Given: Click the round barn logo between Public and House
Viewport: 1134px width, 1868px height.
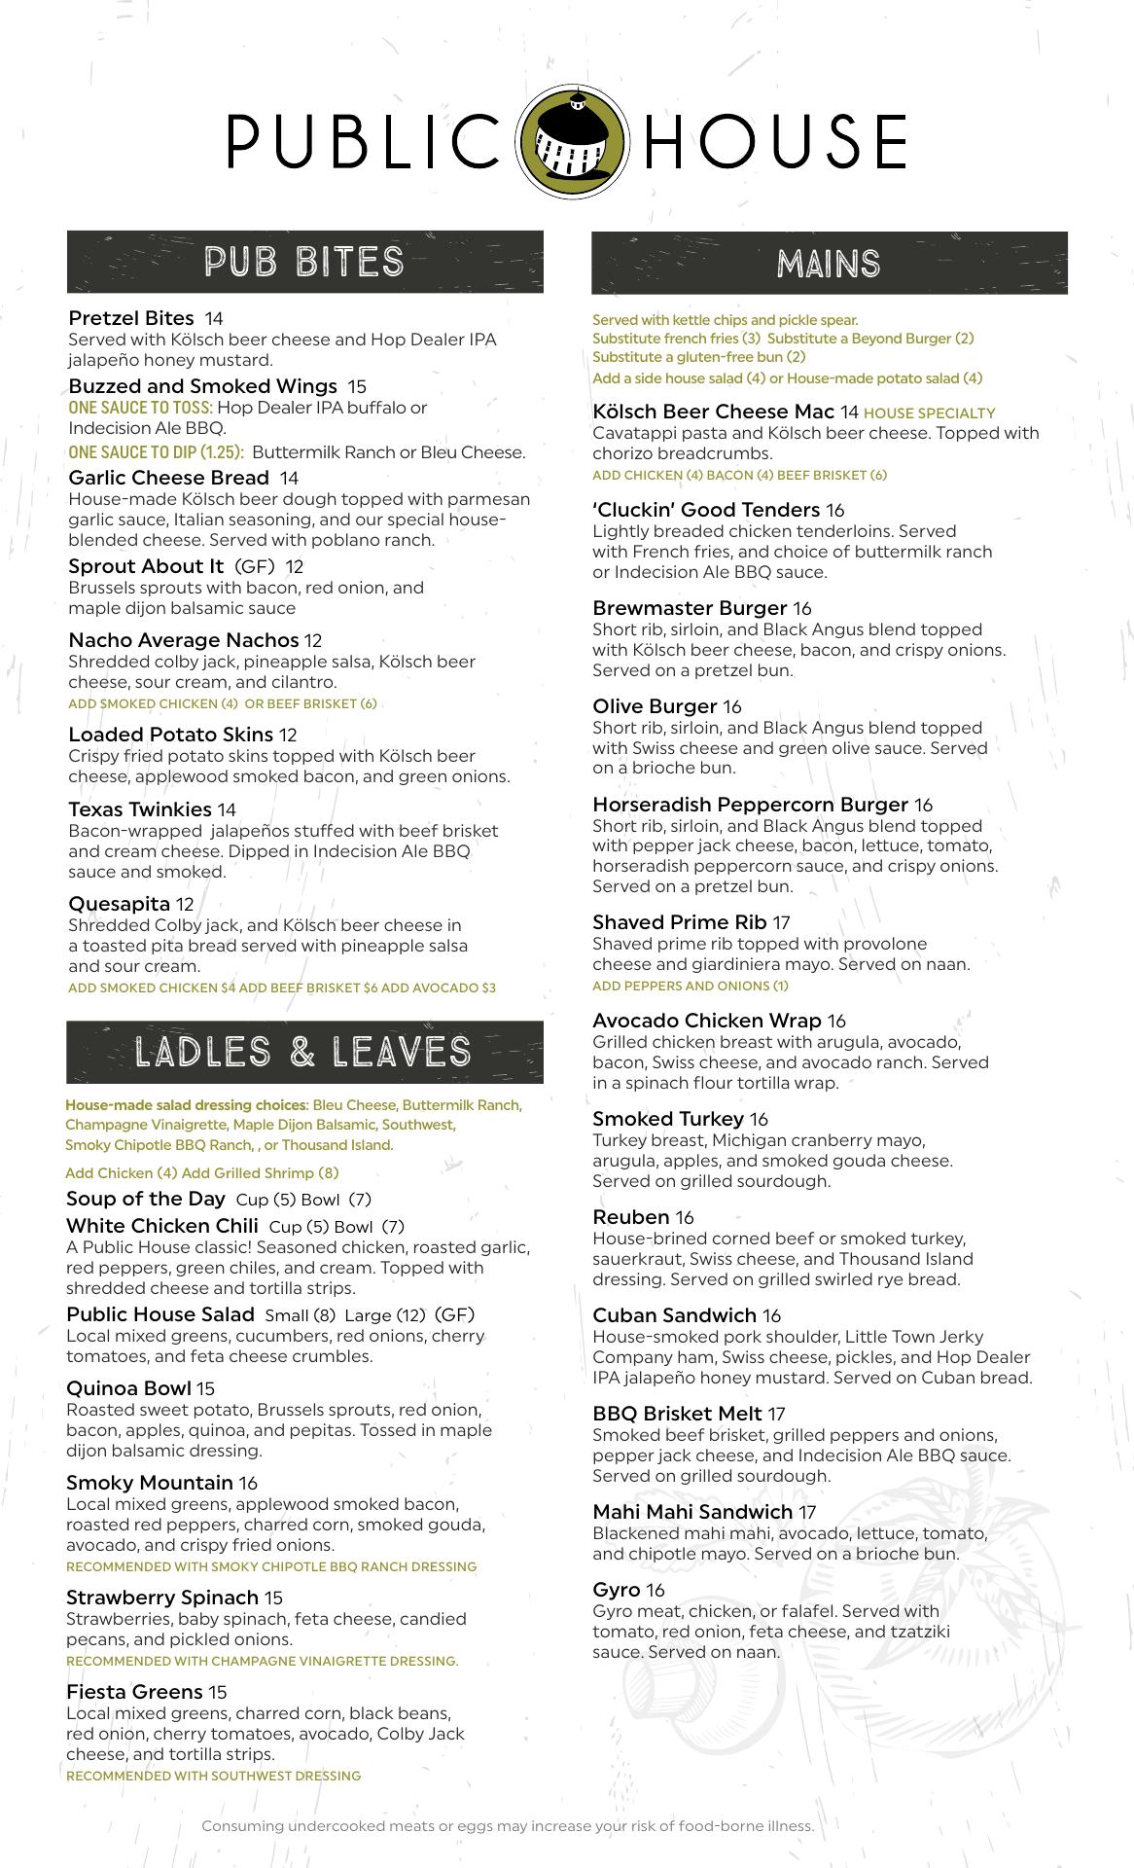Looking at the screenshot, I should click(566, 141).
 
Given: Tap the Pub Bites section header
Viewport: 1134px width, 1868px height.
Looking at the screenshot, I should click(304, 262).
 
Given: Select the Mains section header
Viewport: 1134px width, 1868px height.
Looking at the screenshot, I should click(829, 264).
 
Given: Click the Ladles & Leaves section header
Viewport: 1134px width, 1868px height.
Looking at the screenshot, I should click(303, 1052).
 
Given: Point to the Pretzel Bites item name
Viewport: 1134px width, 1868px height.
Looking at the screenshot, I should click(131, 318).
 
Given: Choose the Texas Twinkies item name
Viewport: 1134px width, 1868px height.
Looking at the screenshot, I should click(140, 809).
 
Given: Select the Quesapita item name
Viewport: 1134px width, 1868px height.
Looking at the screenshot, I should click(119, 904).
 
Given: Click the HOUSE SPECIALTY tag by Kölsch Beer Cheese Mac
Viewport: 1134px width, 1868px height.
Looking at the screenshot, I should click(929, 413).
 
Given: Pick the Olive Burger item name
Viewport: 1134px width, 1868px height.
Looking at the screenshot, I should click(655, 706).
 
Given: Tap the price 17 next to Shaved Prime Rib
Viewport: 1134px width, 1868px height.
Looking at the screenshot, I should click(781, 922).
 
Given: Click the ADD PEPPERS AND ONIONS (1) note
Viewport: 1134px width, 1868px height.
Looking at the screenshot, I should click(691, 986).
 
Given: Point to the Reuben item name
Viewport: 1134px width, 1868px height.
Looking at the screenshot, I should click(631, 1217).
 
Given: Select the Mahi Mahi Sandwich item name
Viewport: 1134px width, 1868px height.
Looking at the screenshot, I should click(692, 1512).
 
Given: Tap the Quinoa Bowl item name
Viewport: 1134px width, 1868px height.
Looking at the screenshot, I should click(128, 1388).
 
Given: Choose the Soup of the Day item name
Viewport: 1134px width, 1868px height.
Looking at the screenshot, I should click(146, 1199).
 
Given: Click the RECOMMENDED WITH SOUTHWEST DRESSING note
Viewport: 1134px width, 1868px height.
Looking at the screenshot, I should click(213, 1776).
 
